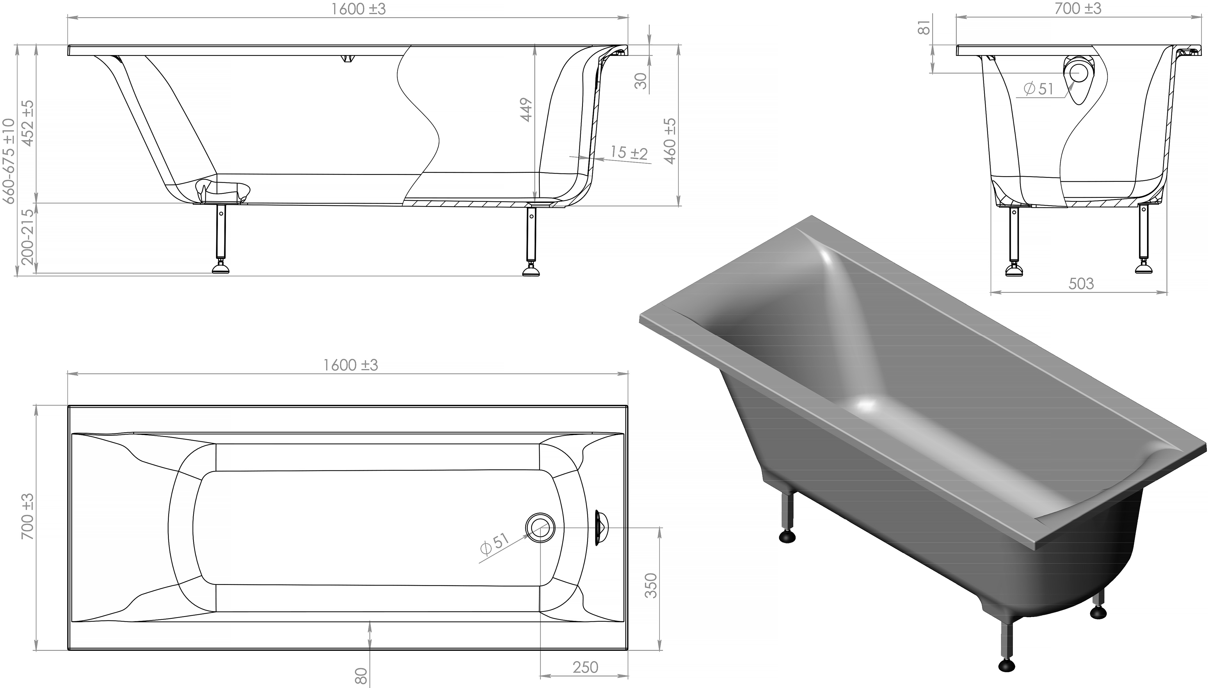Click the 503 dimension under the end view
coord(1081,284)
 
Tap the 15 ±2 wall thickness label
coord(629,153)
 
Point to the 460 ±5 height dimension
coord(670,141)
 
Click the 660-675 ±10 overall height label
coord(9,161)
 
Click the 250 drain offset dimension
coord(585,667)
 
